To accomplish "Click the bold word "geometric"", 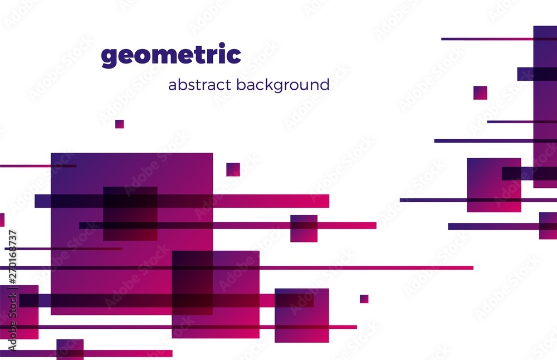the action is [171, 55].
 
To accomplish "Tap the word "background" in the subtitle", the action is [283, 85].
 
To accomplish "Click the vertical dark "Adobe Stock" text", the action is [12, 322].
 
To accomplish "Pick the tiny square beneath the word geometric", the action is [119, 124].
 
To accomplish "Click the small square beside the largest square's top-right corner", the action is [233, 169].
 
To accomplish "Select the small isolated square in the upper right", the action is [480, 93].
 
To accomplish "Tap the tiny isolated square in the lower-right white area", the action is [364, 299].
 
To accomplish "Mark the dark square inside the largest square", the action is [130, 213].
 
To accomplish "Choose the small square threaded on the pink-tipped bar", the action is [304, 228].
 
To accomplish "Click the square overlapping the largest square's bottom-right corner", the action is [216, 294].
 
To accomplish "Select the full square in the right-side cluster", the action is [494, 185].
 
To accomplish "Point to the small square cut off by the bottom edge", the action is [70, 350].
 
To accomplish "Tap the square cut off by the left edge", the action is [19, 312].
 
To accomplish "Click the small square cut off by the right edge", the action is [548, 226].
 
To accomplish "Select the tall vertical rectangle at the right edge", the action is [545, 106].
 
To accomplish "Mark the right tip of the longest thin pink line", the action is [473, 268].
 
